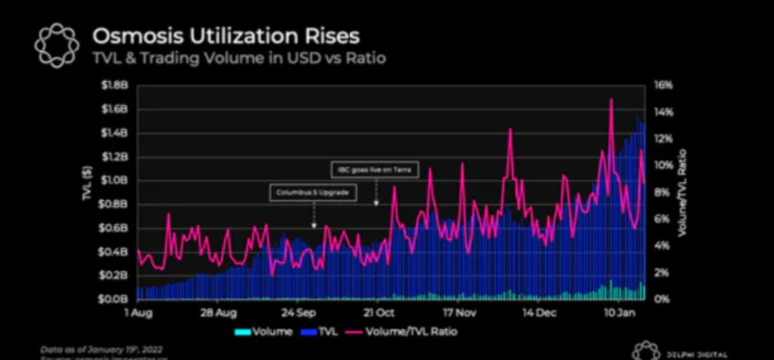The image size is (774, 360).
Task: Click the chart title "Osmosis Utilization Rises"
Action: pos(226,36)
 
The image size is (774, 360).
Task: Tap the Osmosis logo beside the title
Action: pos(57,45)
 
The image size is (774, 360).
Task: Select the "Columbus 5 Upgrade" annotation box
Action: pos(313,192)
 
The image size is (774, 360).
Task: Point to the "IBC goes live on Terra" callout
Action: pos(374,170)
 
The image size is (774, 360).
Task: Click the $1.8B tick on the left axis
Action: pos(114,85)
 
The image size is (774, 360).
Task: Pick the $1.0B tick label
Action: pos(114,180)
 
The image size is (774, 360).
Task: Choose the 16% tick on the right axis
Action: pos(663,85)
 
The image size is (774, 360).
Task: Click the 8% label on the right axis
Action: pos(662,192)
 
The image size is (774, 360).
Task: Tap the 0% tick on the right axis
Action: pos(662,299)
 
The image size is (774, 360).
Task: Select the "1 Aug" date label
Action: pos(138,313)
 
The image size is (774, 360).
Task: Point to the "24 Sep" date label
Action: pos(298,313)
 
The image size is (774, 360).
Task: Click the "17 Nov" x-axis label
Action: pos(459,313)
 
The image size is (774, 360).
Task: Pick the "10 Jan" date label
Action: pos(619,313)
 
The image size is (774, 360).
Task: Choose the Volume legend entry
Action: pos(264,332)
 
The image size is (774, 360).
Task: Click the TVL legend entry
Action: pos(320,332)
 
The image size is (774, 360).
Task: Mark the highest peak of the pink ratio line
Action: pos(611,99)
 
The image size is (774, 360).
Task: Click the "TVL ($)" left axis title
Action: pos(87,183)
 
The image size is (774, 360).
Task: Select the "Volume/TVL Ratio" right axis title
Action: pos(682,193)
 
